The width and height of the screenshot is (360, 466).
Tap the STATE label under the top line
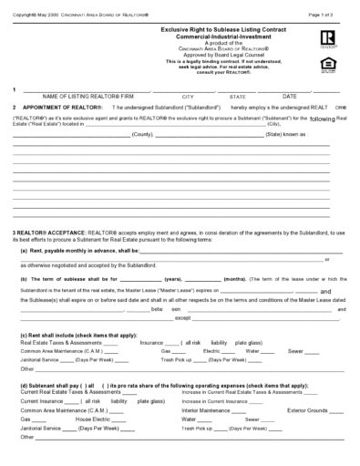[x=237, y=96]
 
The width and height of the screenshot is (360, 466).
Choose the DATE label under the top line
[x=290, y=96]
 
